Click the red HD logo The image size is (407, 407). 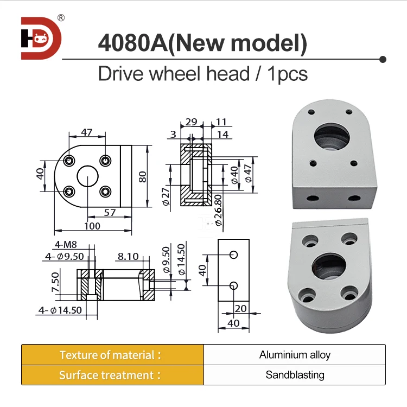41,39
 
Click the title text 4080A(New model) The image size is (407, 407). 202,43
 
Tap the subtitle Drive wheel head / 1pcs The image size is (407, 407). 202,73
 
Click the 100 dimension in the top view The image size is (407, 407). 92,226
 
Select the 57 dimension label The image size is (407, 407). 110,213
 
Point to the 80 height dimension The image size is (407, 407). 143,177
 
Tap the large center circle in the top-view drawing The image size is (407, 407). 87,177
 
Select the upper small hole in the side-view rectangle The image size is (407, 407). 233,255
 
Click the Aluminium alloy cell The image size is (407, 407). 295,355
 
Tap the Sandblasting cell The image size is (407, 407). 295,375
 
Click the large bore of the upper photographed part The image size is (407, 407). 332,136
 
